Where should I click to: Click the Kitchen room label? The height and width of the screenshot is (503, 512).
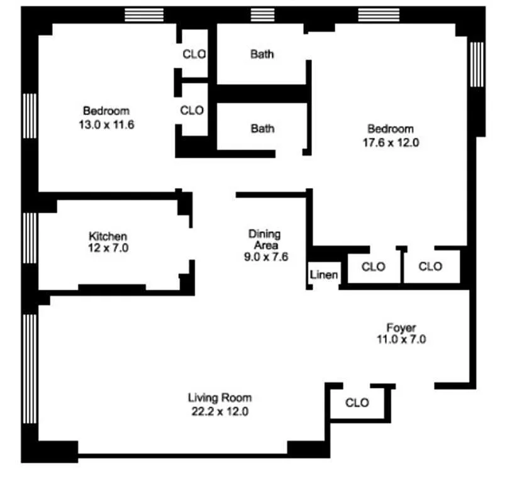tap(108, 236)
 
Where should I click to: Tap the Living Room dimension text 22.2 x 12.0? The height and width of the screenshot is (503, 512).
tap(220, 412)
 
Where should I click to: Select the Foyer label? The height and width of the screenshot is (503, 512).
tap(401, 328)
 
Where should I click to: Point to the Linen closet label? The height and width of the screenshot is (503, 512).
tap(324, 275)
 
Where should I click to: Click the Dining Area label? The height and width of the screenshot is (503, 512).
tap(264, 240)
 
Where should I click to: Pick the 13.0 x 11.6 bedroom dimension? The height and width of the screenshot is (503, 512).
tap(106, 124)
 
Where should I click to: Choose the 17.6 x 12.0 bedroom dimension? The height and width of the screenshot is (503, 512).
tap(390, 143)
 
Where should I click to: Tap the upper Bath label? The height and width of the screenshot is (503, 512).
tap(262, 54)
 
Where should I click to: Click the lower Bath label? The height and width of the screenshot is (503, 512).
tap(262, 128)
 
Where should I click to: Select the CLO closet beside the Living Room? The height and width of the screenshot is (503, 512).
tap(357, 402)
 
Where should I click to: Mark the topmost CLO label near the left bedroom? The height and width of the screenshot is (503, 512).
tap(194, 54)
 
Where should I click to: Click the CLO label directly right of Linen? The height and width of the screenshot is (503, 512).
tap(373, 267)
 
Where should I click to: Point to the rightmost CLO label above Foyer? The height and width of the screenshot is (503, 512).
tap(430, 267)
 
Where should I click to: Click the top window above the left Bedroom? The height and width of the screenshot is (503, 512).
tap(144, 14)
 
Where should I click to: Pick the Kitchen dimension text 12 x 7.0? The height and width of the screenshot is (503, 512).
tap(108, 248)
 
